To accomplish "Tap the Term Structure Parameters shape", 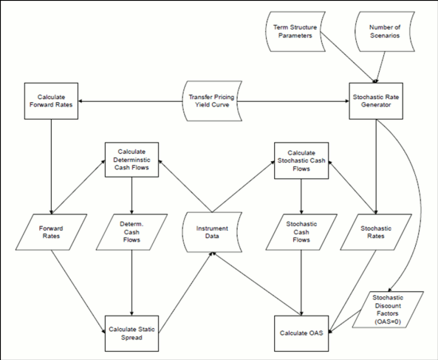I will pyautogui.click(x=290, y=31).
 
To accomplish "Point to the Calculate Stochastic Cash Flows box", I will pyautogui.click(x=301, y=160).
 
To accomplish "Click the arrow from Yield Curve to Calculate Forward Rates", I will pyautogui.click(x=129, y=102).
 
